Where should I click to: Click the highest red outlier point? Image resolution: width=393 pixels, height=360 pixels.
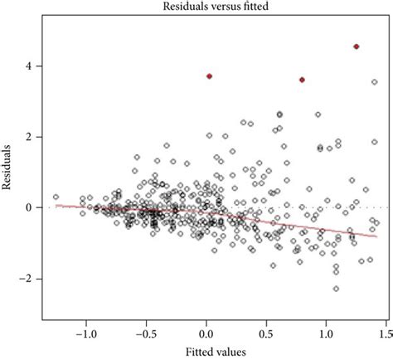[x=356, y=46]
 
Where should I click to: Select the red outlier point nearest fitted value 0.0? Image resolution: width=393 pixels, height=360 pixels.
[x=209, y=76]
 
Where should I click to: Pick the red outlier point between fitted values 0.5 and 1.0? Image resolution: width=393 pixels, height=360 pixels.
[x=302, y=80]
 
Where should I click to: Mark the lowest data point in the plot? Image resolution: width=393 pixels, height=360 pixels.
[x=336, y=289]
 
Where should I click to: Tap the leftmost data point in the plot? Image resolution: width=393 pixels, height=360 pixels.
[x=56, y=197]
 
